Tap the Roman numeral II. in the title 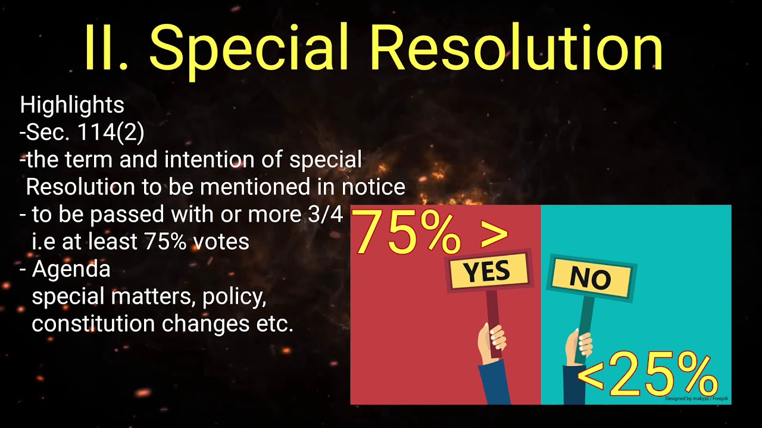tap(111, 48)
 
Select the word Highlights tap(72, 105)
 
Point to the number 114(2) tap(111, 133)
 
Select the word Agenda tap(71, 269)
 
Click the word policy tap(234, 297)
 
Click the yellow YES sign tap(487, 271)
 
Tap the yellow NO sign tap(591, 277)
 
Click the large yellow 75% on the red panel tap(408, 232)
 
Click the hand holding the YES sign tap(491, 342)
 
